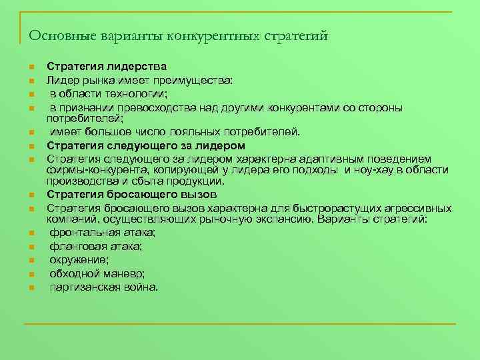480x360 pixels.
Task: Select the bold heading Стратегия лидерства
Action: click(107, 67)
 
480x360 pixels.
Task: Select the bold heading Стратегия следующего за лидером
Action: click(146, 145)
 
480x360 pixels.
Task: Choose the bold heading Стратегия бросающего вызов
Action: click(131, 195)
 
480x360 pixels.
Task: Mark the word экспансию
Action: click(284, 219)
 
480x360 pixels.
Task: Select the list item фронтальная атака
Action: click(102, 233)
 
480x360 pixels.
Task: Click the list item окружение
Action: click(79, 260)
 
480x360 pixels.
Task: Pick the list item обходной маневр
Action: click(97, 273)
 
